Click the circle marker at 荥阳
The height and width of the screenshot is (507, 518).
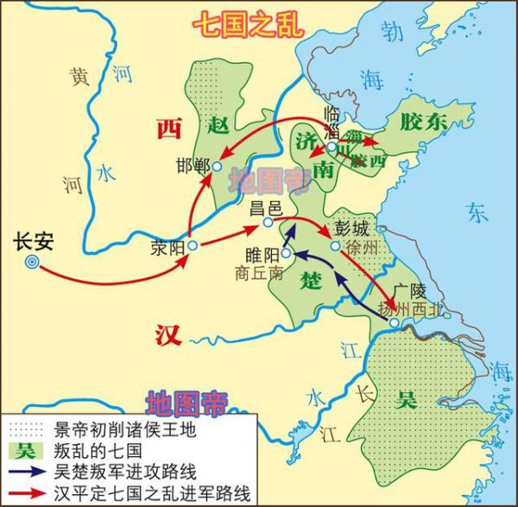coord(193,246)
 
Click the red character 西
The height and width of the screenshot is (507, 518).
coord(167,129)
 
